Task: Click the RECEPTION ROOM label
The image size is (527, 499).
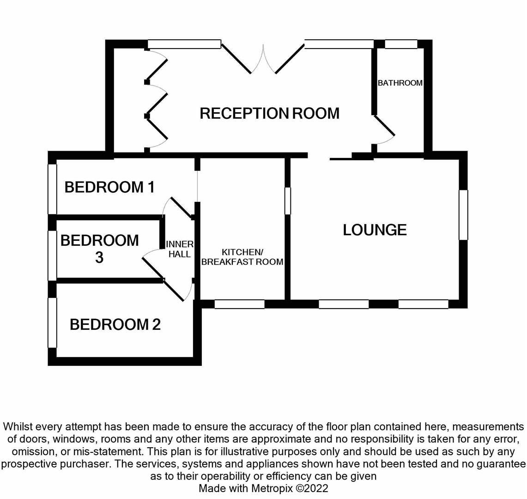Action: click(x=270, y=113)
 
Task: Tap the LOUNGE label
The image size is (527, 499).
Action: click(x=375, y=230)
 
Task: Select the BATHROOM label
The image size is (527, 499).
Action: click(x=400, y=83)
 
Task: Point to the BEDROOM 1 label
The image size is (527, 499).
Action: click(x=109, y=187)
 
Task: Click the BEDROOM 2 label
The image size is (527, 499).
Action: click(x=115, y=324)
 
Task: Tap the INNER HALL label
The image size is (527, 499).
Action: click(x=180, y=249)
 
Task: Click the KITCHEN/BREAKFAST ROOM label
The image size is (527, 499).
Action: click(x=242, y=257)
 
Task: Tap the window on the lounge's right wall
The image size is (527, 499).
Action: click(x=463, y=215)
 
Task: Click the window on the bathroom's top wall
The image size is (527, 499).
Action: click(x=401, y=44)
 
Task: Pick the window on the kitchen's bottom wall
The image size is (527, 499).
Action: click(x=240, y=304)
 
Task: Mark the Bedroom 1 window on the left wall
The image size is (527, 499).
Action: click(x=52, y=189)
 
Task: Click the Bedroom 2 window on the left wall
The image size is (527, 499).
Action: click(x=52, y=323)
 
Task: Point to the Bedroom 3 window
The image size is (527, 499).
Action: click(x=52, y=256)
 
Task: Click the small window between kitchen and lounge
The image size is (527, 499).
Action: click(x=288, y=201)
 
